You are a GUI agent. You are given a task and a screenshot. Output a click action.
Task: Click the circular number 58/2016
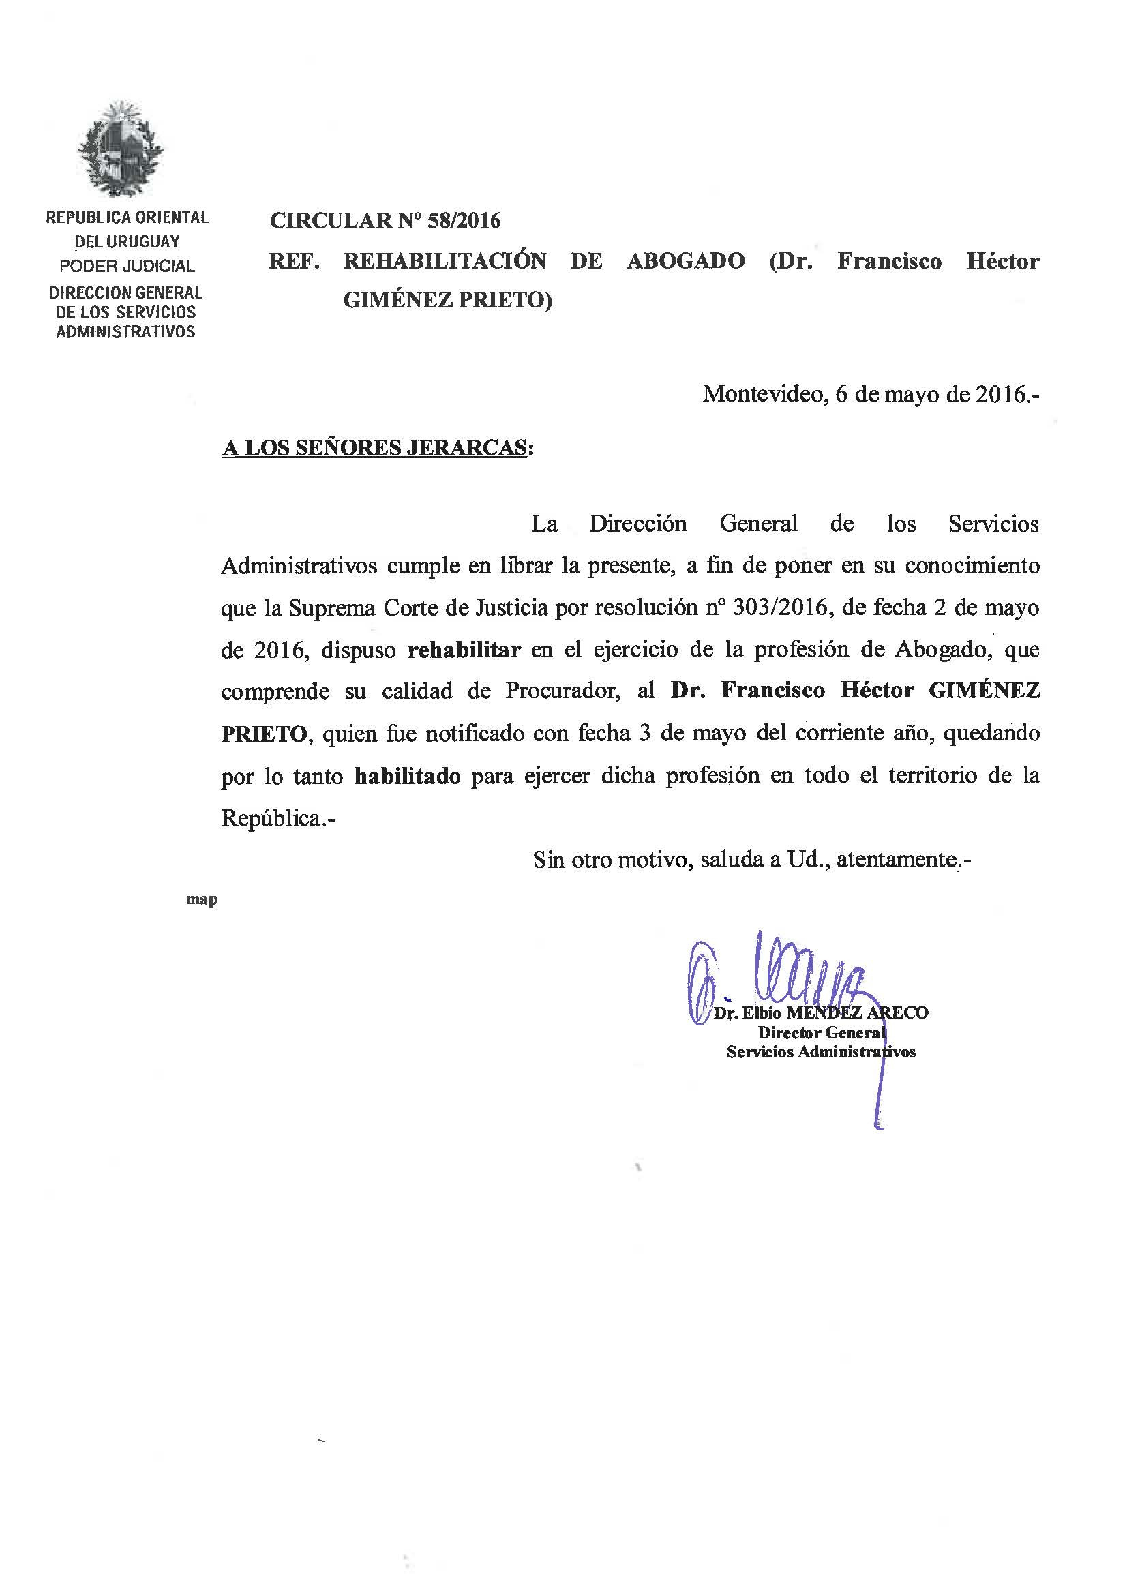click(462, 221)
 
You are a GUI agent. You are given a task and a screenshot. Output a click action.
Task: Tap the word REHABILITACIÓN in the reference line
click(445, 261)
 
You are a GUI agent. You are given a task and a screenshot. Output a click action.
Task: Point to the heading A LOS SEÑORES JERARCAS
click(374, 449)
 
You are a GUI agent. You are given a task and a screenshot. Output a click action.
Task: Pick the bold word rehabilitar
click(464, 650)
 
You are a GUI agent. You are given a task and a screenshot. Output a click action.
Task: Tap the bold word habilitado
click(408, 775)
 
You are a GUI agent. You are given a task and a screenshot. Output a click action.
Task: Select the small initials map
click(202, 900)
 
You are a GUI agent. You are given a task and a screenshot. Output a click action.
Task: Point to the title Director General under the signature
click(822, 1032)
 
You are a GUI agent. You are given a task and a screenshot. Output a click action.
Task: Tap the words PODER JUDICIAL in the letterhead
click(126, 266)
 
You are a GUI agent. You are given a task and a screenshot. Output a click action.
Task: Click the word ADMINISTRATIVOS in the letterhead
click(125, 332)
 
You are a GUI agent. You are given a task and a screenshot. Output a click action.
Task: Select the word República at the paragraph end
click(270, 819)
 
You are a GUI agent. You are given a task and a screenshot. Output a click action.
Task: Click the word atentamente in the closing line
click(897, 860)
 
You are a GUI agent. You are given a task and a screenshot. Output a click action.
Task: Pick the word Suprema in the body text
click(322, 607)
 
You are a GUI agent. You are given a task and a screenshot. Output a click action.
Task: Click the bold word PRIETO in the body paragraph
click(263, 734)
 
